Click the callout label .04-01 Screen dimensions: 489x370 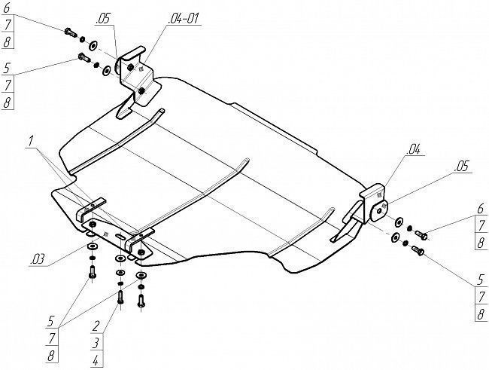(x=183, y=19)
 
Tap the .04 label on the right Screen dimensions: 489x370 (x=414, y=150)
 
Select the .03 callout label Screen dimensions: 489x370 (x=38, y=260)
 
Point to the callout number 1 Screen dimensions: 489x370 (x=30, y=141)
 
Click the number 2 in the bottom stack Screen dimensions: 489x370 (x=96, y=326)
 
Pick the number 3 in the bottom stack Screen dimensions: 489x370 (x=96, y=343)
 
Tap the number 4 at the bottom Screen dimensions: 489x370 (x=96, y=361)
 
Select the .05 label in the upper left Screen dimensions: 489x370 (x=103, y=19)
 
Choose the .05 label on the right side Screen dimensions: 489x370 (x=462, y=167)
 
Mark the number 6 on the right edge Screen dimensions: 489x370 (x=481, y=209)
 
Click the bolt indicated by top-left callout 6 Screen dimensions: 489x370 (x=70, y=32)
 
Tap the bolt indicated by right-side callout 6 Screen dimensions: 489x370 (x=421, y=235)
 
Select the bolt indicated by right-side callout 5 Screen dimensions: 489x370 (x=418, y=250)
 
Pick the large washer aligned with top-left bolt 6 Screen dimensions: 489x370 (x=93, y=46)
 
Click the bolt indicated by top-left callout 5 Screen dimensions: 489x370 (x=84, y=57)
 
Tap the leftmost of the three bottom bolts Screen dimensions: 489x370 (x=93, y=271)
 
